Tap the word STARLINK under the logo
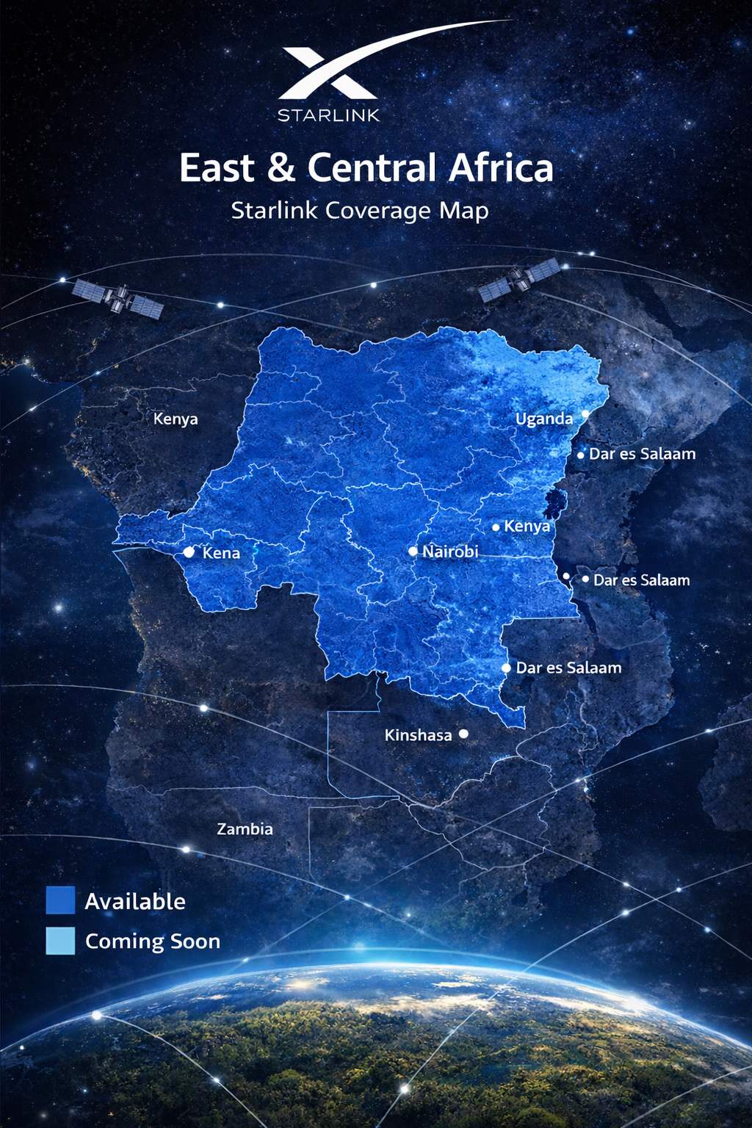tap(328, 115)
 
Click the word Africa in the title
tap(502, 167)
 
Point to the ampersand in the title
tap(281, 167)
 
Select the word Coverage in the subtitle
tap(378, 211)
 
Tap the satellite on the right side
tap(520, 280)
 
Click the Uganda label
tap(543, 419)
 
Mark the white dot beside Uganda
tap(585, 414)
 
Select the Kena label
tap(221, 553)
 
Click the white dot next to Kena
tap(189, 552)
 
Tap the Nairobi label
tap(450, 552)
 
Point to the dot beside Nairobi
tap(413, 552)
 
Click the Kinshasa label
tap(418, 735)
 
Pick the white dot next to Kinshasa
tap(463, 734)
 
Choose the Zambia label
tap(245, 829)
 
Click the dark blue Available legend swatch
tap(60, 900)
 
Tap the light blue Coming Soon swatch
tap(60, 941)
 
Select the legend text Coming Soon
tap(153, 941)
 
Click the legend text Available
tap(135, 902)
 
